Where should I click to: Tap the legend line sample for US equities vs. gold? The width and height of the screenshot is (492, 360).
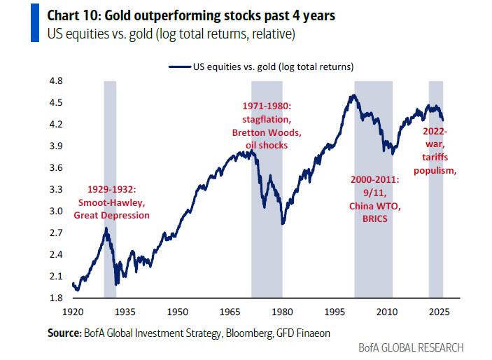click(x=179, y=67)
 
